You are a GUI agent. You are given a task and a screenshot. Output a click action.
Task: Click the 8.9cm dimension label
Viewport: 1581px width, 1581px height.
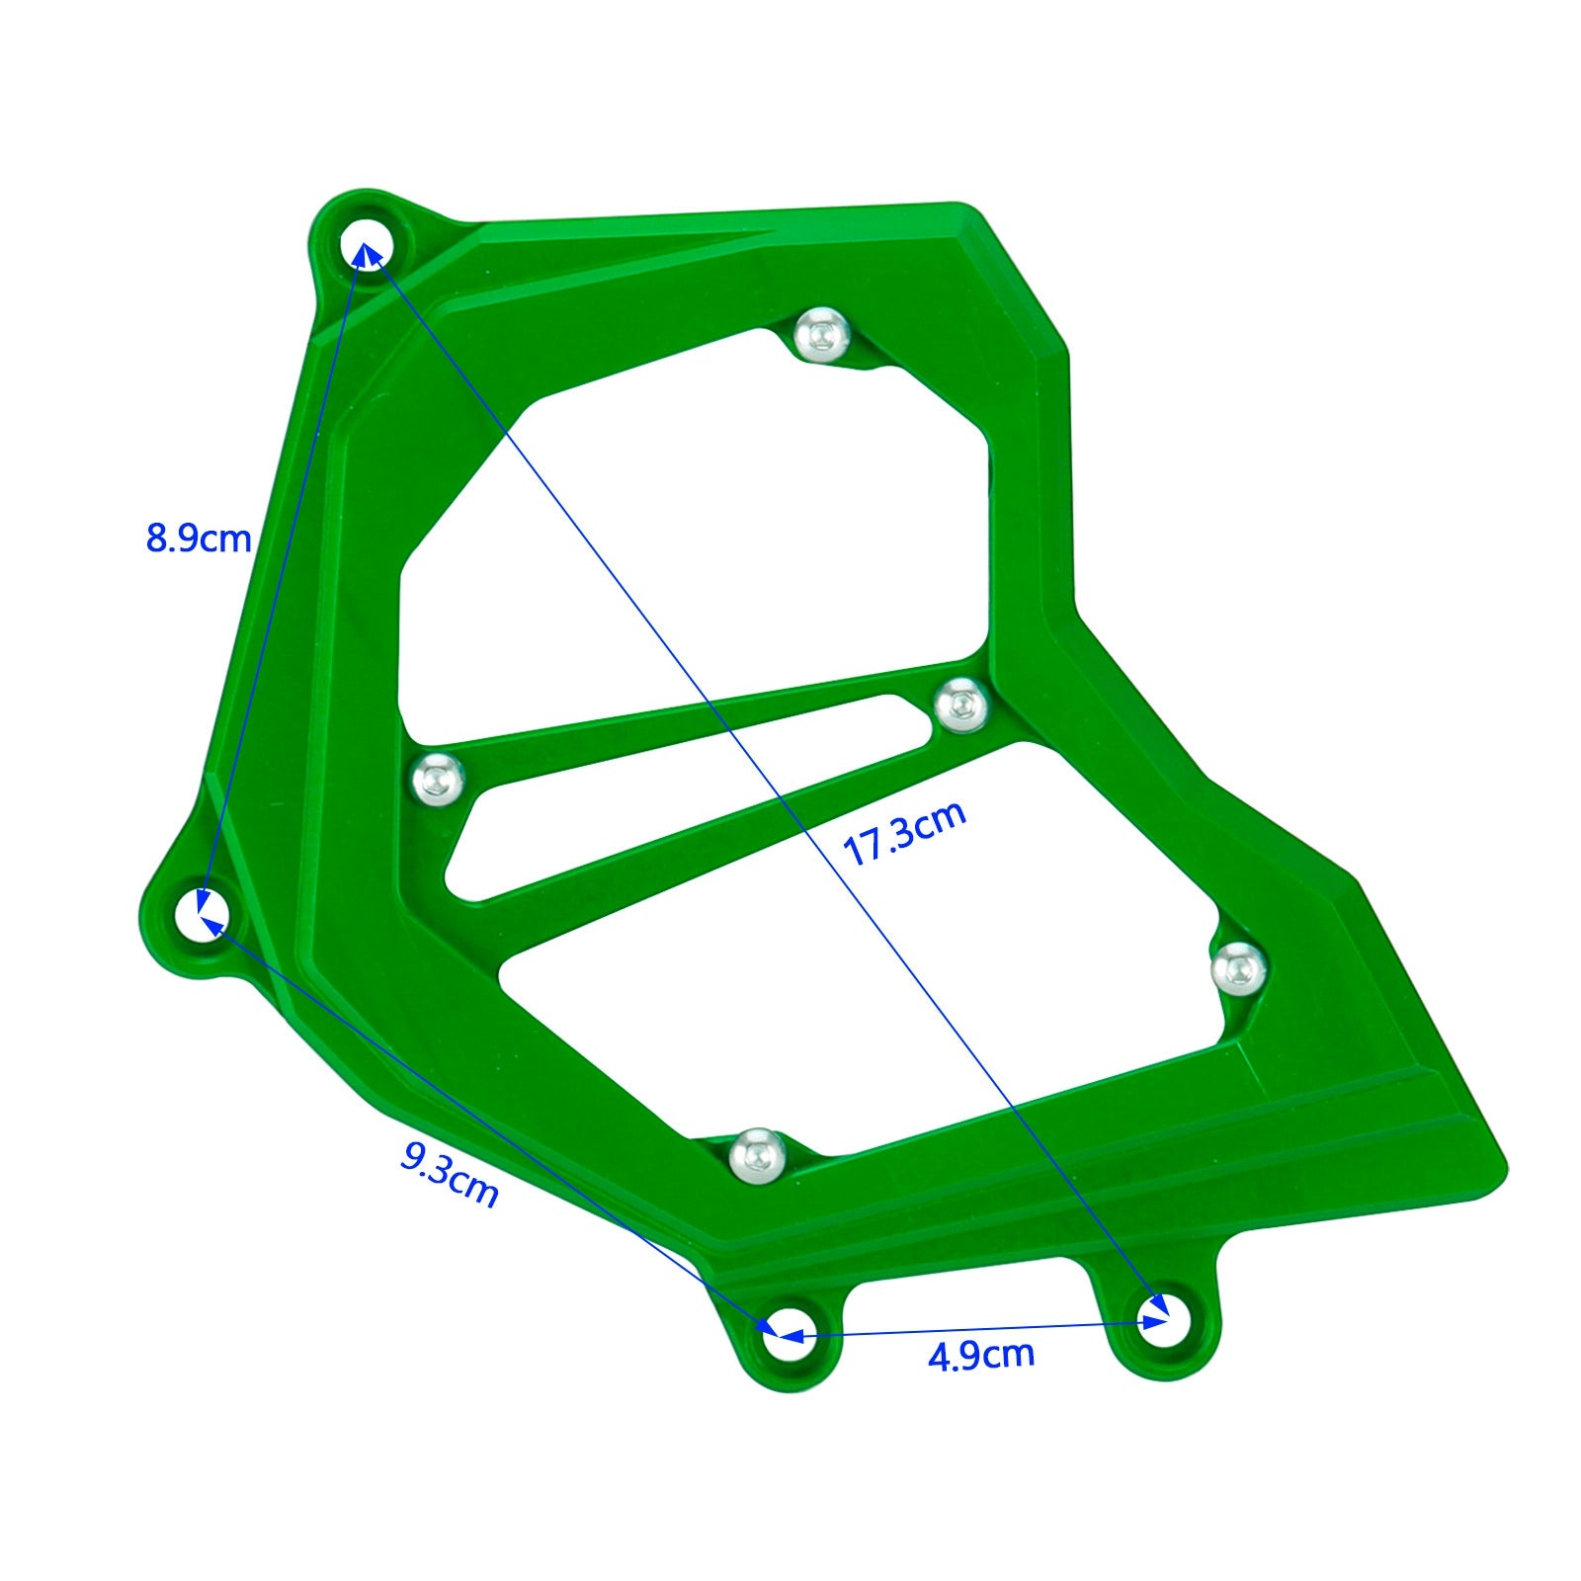(199, 539)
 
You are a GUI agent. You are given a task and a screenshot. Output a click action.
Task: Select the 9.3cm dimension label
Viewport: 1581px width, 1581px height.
(449, 1173)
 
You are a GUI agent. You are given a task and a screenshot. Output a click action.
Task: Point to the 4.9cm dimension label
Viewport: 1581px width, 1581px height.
(980, 1355)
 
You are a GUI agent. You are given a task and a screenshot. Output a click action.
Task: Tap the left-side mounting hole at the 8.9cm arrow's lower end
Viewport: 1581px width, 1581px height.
(203, 914)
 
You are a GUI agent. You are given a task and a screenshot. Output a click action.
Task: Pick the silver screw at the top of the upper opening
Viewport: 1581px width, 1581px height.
(823, 334)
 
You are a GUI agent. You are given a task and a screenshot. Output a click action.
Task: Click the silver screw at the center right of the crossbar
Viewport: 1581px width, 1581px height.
(960, 706)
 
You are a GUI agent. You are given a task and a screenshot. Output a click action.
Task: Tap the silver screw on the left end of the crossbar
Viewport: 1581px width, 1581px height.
(438, 778)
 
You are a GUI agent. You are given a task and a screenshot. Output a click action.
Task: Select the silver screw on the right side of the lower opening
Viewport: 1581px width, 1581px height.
(1238, 968)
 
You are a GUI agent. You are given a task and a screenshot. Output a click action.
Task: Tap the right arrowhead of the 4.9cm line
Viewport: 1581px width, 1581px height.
(1156, 1321)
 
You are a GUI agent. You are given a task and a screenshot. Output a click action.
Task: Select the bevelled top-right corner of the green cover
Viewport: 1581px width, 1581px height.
(1028, 277)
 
